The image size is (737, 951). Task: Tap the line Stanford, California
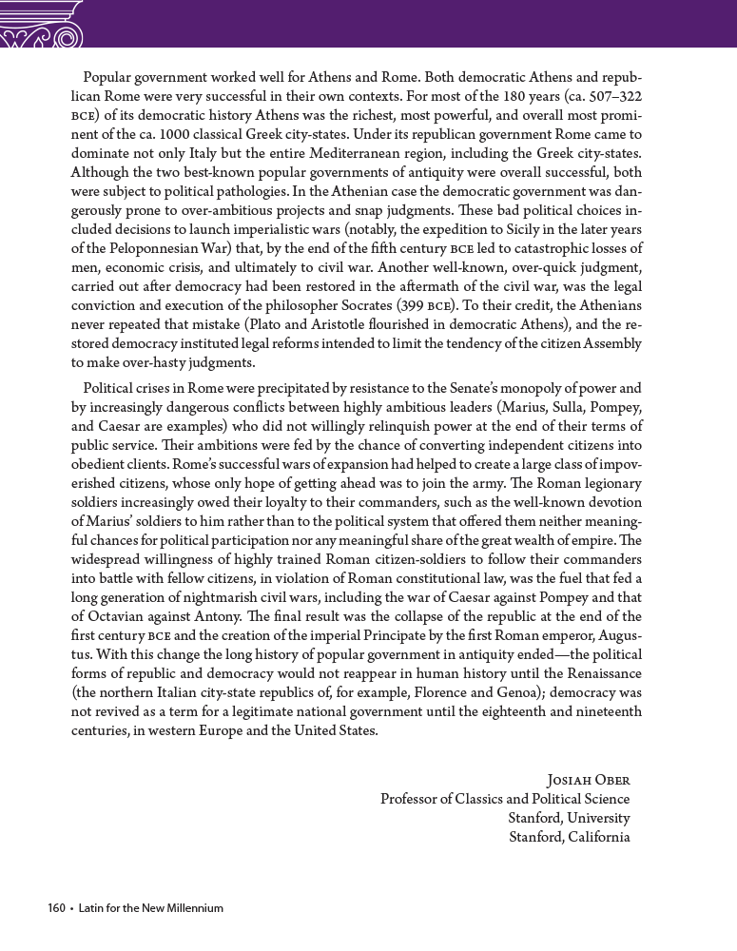[x=570, y=837]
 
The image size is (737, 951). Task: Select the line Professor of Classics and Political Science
[x=505, y=799]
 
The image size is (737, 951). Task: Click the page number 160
[x=56, y=908]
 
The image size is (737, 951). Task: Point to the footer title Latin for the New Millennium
[x=150, y=908]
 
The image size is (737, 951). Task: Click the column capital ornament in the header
[x=43, y=24]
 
